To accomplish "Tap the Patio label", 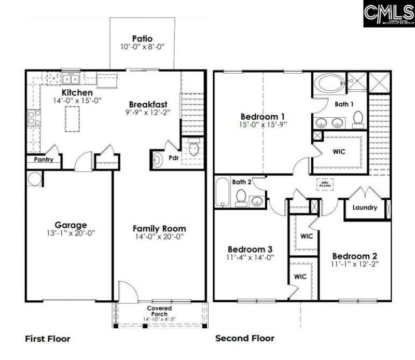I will (x=142, y=38).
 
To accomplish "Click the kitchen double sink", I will (x=70, y=79).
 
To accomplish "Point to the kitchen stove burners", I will (x=34, y=118).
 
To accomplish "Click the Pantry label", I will (x=44, y=160).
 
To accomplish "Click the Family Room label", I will (x=159, y=228).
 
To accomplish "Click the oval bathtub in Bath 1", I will (x=327, y=82).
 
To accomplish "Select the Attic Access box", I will (x=326, y=184).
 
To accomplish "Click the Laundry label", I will (x=365, y=208).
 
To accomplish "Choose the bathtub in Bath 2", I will (x=222, y=192).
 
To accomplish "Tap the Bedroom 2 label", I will (x=355, y=256).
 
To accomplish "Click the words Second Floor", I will (x=245, y=339).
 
